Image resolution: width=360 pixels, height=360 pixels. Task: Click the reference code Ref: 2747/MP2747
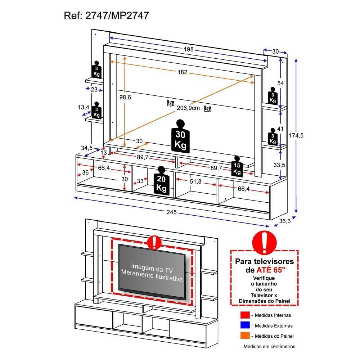click(106, 15)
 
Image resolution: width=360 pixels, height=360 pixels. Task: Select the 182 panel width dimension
click(182, 72)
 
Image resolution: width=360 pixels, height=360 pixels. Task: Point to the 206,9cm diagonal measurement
click(188, 108)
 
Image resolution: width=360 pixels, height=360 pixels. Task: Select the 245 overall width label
click(172, 212)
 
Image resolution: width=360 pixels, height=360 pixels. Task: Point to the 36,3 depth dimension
click(284, 221)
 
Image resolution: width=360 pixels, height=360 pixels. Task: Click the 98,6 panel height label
click(126, 98)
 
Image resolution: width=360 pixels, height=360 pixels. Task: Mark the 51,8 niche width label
click(196, 182)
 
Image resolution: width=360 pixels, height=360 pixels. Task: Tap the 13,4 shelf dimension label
click(84, 107)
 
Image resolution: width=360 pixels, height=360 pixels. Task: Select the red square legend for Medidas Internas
click(245, 315)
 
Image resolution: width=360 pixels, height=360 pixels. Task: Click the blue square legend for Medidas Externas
click(245, 325)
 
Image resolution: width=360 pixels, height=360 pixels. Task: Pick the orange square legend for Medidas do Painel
click(245, 336)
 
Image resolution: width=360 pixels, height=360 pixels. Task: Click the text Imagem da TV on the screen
click(152, 266)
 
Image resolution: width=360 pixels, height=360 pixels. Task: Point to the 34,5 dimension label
click(87, 148)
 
